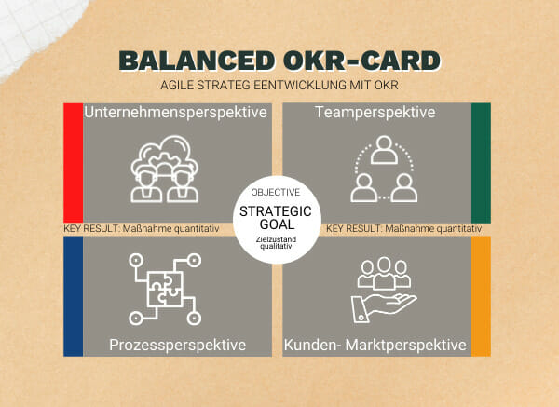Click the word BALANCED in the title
tap(198, 61)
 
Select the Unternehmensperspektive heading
tap(175, 113)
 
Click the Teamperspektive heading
tap(375, 113)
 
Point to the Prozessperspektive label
tap(178, 345)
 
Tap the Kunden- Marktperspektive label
tap(375, 345)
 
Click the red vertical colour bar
tap(73, 162)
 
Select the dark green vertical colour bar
tap(481, 163)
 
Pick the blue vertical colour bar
tap(73, 296)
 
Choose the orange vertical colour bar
tap(481, 296)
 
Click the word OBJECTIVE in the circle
tap(276, 193)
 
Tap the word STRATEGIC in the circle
tap(276, 211)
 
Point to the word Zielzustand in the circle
tap(276, 239)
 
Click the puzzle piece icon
tap(165, 289)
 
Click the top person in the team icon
tap(384, 150)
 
